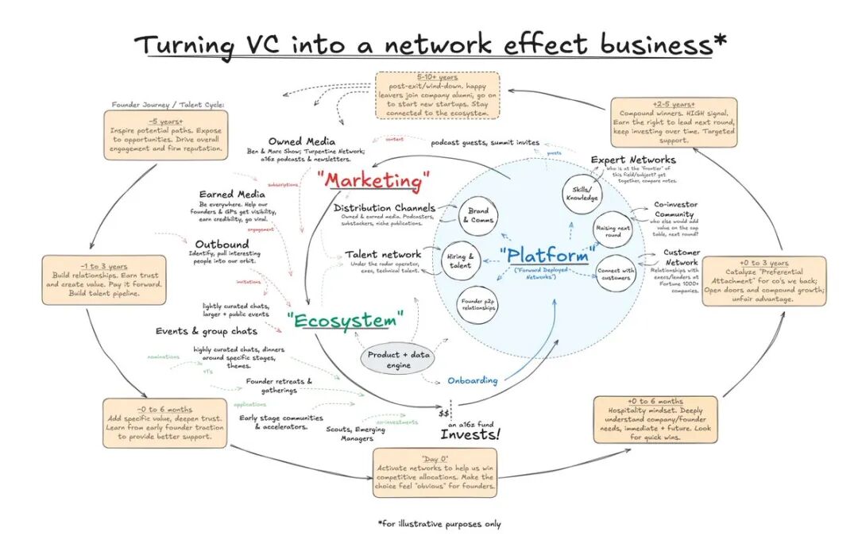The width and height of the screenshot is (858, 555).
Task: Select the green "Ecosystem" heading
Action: click(x=346, y=321)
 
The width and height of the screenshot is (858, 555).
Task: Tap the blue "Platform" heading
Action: click(x=549, y=256)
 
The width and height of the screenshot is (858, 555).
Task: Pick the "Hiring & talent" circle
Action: click(x=460, y=260)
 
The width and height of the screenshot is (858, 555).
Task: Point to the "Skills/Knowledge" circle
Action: click(x=581, y=194)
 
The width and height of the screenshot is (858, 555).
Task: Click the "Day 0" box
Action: click(x=435, y=472)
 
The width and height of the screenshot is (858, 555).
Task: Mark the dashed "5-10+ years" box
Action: click(x=438, y=95)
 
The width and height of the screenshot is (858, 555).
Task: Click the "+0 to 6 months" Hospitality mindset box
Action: click(x=655, y=420)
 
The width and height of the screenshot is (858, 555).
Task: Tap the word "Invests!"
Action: click(x=470, y=435)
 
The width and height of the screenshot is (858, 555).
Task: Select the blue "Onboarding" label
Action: click(x=472, y=380)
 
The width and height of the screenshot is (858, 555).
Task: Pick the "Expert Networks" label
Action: click(x=633, y=160)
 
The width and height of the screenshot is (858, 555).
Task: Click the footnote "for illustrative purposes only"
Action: click(x=439, y=524)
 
